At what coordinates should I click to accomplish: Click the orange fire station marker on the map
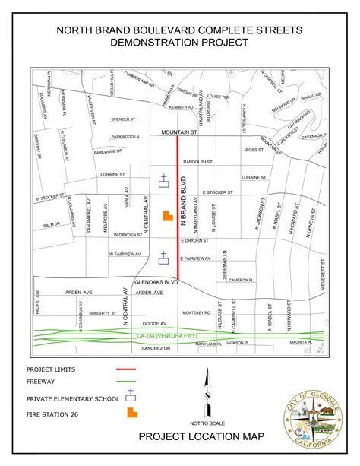(x=166, y=215)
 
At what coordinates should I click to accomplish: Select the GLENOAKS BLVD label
(x=156, y=281)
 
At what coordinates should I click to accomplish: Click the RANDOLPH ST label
(x=197, y=162)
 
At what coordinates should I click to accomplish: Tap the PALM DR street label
(x=51, y=225)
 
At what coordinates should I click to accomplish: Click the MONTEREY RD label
(x=195, y=312)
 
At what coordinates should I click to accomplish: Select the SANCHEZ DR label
(x=156, y=348)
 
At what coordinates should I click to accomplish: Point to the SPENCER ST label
(x=123, y=119)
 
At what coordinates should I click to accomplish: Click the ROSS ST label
(x=253, y=151)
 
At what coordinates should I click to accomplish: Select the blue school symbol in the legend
(x=132, y=395)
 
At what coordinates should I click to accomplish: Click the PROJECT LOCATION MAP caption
(x=201, y=436)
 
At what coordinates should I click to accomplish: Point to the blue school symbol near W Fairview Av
(x=163, y=257)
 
